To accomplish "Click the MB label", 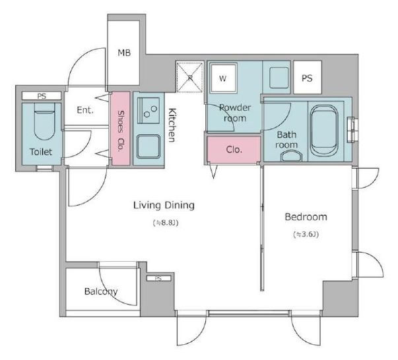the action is [x=124, y=53].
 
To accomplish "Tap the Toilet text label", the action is [x=41, y=152].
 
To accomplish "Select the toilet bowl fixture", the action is [x=44, y=121].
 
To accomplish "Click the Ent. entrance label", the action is [x=85, y=110].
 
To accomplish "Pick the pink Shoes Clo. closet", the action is [x=121, y=129].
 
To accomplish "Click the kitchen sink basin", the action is [x=149, y=146].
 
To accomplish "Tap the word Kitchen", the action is [x=172, y=125].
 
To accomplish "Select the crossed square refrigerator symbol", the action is [x=190, y=77].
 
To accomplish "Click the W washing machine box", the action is [x=223, y=78].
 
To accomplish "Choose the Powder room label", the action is [x=235, y=113].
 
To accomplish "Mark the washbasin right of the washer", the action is [x=279, y=77].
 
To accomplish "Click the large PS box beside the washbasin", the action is [x=308, y=77].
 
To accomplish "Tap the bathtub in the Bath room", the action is [x=324, y=131].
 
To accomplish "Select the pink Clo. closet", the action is [x=234, y=149].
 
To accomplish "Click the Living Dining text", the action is [x=164, y=205].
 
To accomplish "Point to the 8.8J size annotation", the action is [x=166, y=223].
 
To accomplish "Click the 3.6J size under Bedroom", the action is [x=306, y=235].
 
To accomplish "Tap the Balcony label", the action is [x=101, y=291].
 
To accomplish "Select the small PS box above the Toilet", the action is [x=42, y=96].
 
